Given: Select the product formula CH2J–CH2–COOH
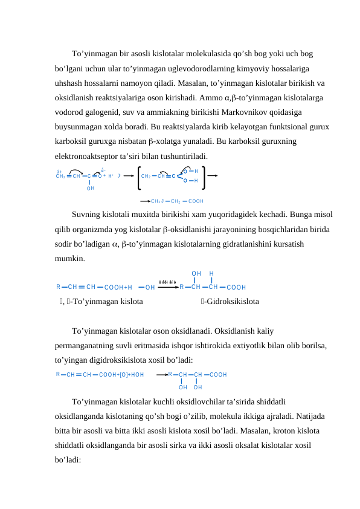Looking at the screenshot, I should [x=177, y=201].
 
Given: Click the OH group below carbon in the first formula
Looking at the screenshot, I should [x=90, y=189].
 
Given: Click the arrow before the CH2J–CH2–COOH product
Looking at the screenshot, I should [x=145, y=201].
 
